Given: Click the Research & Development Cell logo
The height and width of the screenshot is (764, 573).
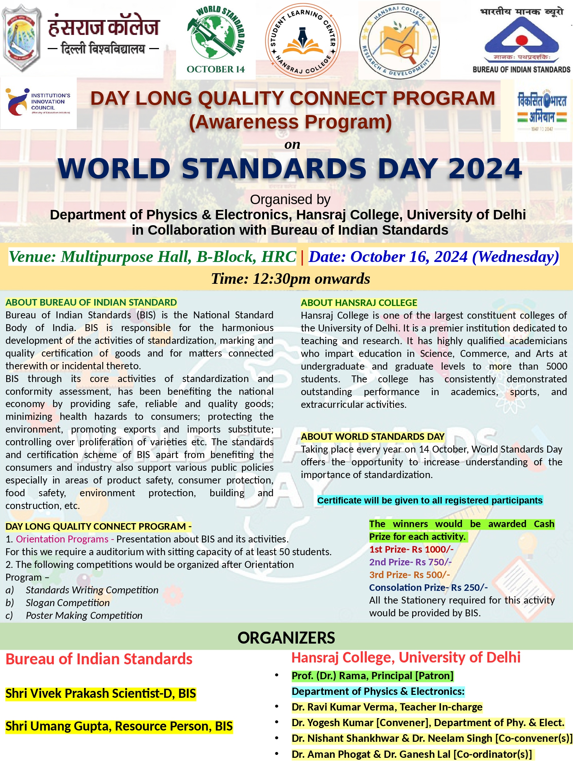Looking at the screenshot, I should click(399, 40).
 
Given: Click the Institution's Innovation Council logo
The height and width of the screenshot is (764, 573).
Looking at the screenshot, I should click(39, 103).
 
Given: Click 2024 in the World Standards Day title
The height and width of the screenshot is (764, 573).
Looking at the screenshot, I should click(485, 169).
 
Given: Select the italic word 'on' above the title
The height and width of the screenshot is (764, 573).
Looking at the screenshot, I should click(292, 144).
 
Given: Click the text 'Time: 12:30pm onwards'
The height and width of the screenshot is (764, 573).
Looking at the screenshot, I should click(290, 279).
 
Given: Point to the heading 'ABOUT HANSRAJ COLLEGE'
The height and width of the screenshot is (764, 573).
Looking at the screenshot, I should click(359, 303).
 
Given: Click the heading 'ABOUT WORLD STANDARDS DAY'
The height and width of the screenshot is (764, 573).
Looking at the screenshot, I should click(373, 437).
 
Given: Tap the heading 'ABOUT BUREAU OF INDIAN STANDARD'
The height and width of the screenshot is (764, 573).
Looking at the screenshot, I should click(91, 302).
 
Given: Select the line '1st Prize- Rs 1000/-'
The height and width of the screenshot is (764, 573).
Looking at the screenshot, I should click(411, 549).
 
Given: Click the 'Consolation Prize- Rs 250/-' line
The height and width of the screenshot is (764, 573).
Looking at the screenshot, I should click(428, 588).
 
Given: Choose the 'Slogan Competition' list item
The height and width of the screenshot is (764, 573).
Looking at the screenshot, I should click(68, 603).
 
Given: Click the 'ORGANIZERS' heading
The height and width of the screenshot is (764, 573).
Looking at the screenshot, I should click(286, 638).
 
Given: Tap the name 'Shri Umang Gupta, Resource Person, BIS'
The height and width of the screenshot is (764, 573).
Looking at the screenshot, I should click(119, 726).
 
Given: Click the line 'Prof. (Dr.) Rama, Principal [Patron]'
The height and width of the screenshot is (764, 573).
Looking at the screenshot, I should click(373, 676).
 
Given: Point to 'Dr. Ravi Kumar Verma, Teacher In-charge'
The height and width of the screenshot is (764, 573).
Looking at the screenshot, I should click(387, 707).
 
